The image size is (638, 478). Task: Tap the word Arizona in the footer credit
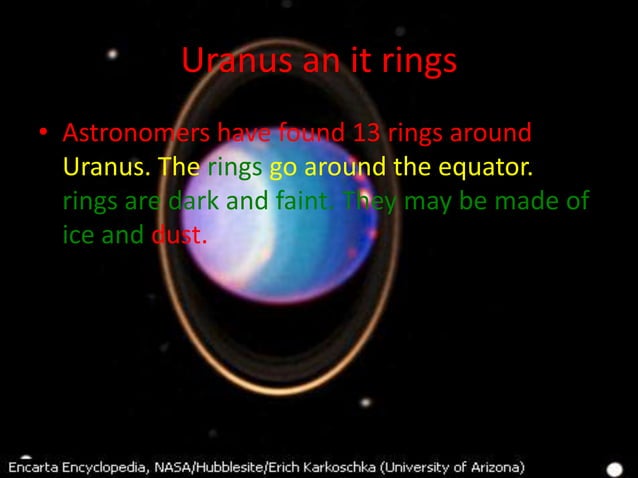click(x=491, y=466)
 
